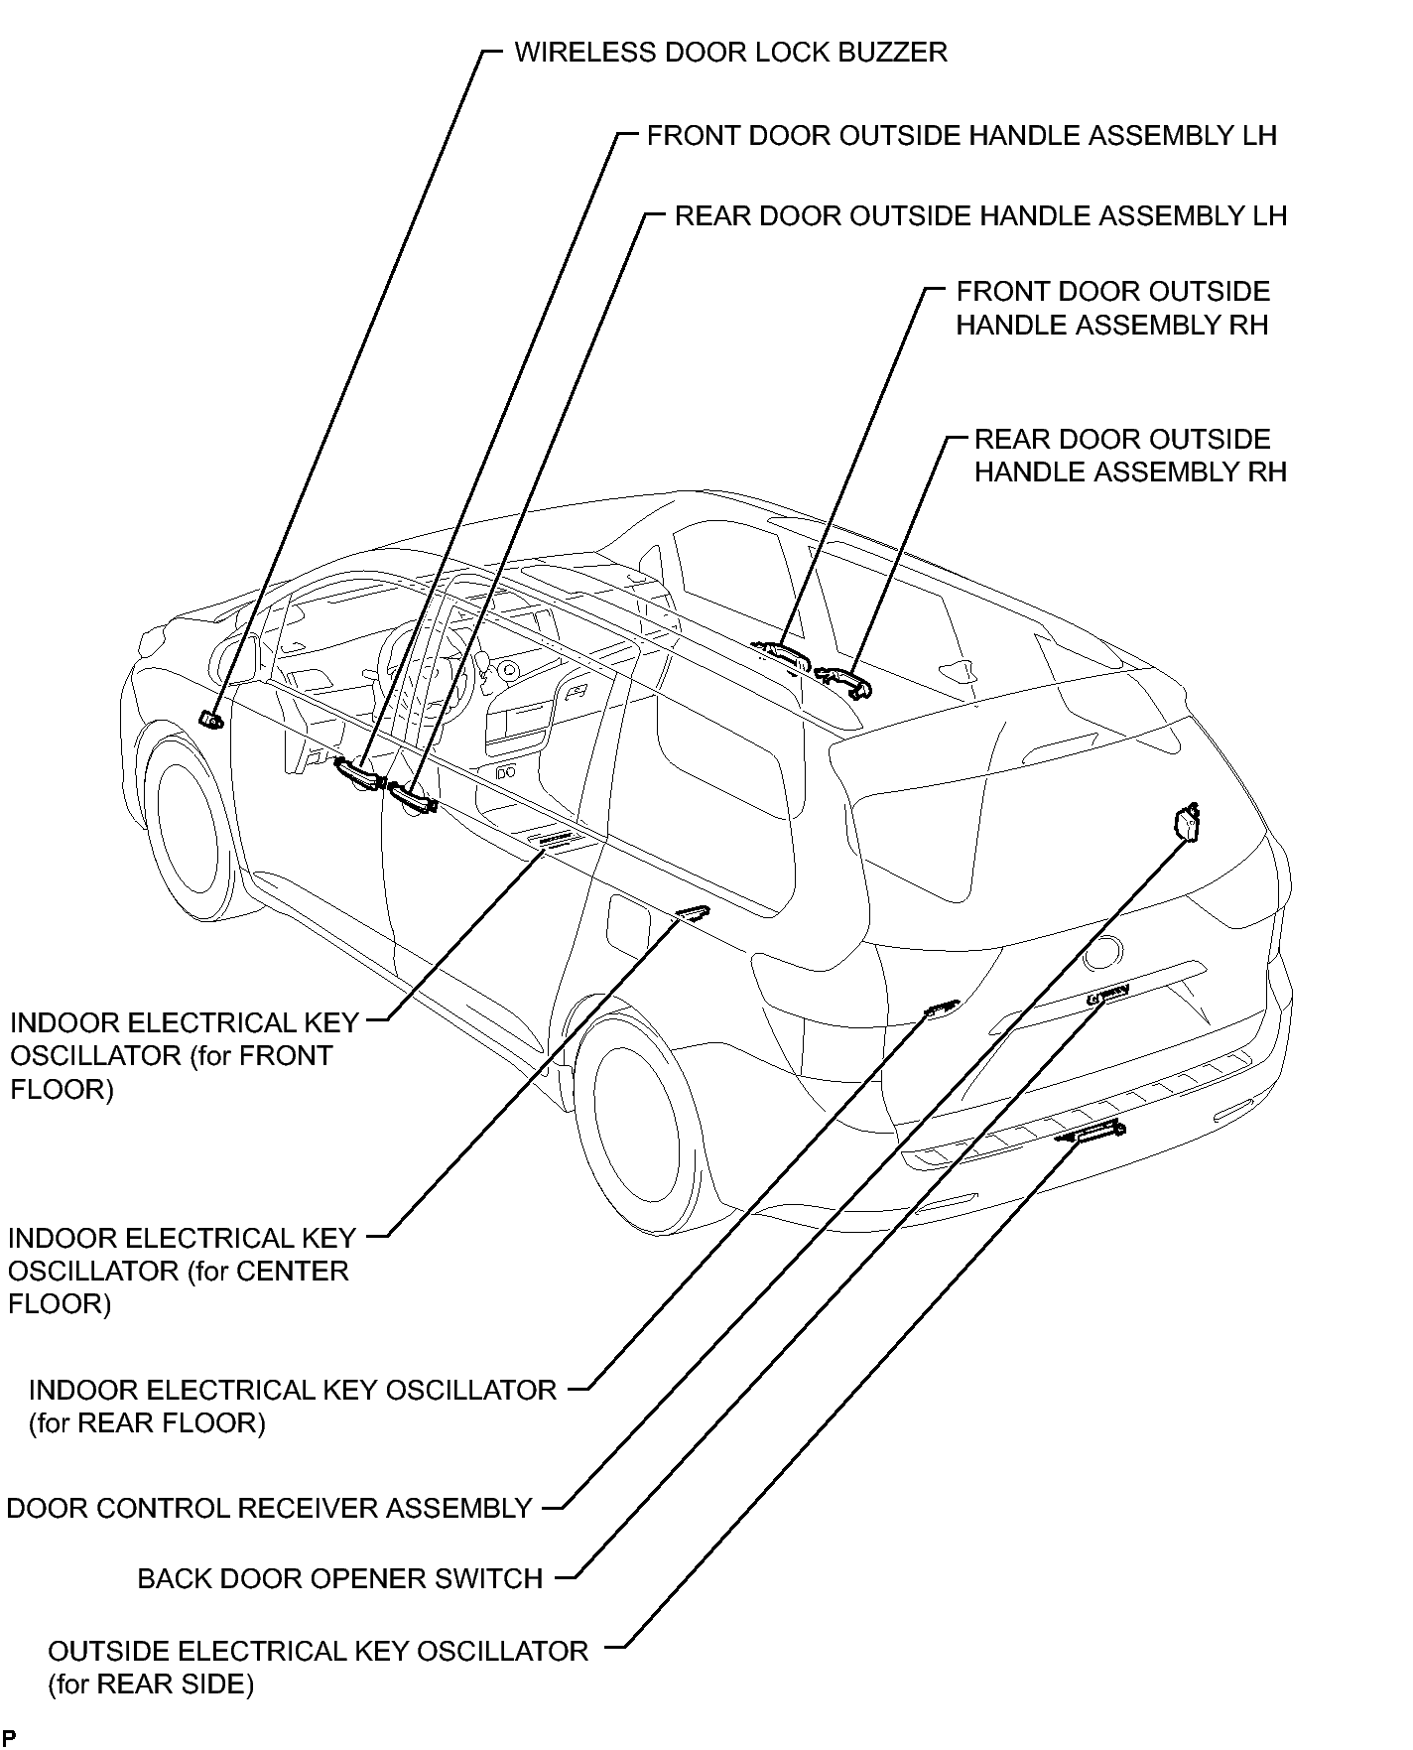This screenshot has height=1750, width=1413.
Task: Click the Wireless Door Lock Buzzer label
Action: [730, 52]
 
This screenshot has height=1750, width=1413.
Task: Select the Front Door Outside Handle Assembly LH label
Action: [962, 135]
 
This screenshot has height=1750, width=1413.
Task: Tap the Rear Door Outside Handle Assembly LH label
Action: [980, 215]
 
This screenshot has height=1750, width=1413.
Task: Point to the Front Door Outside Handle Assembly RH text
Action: [1112, 308]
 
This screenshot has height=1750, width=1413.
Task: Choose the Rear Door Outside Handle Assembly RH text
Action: [1130, 456]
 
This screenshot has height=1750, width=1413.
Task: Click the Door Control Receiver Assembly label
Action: [270, 1509]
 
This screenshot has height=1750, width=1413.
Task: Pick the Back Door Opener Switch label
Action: [340, 1578]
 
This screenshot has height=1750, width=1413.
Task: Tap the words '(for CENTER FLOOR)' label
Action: [179, 1287]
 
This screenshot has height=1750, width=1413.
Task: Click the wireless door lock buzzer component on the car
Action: [211, 720]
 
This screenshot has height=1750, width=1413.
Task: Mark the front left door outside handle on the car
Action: [358, 772]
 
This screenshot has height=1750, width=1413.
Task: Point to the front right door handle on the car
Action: [781, 652]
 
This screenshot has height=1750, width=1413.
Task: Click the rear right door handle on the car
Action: [844, 680]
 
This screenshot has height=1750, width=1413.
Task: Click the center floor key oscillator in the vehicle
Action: [693, 913]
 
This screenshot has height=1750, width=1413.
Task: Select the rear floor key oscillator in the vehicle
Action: [942, 1008]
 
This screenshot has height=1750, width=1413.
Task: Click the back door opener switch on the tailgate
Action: [1108, 996]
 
